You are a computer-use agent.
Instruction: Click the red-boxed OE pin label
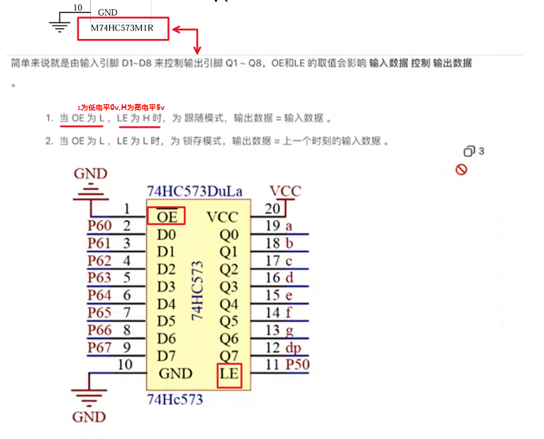point(167,216)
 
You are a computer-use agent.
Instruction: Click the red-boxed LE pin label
point(229,374)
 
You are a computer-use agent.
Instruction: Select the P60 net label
point(99,226)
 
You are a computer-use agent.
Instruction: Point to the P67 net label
point(99,348)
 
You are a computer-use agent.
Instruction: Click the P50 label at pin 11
point(297,365)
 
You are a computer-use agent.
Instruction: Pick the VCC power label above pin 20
point(285,191)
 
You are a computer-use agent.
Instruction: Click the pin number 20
point(272,209)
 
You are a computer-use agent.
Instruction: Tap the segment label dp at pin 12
point(293,348)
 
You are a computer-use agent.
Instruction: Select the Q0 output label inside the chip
point(228,235)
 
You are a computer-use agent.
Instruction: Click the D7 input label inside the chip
point(166,355)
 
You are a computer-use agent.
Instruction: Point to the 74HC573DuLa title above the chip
point(194,191)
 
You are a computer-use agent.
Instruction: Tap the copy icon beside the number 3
point(469,151)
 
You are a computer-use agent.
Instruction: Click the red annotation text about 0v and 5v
point(121,106)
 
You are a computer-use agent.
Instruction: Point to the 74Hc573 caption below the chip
point(174,399)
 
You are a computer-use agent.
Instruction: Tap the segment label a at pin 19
point(289,226)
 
